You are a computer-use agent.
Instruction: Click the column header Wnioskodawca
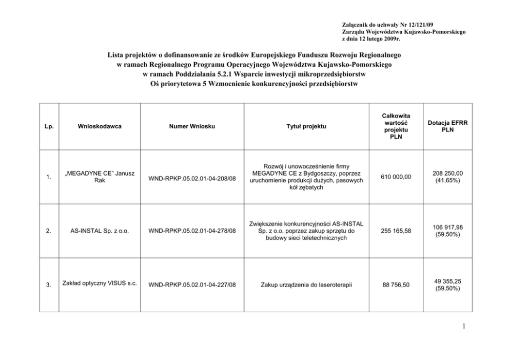point(100,126)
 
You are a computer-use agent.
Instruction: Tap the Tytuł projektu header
point(306,126)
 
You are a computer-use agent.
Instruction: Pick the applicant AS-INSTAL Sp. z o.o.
point(100,231)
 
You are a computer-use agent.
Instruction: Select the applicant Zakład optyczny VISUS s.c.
point(100,283)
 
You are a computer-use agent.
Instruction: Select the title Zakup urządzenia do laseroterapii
point(306,284)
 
